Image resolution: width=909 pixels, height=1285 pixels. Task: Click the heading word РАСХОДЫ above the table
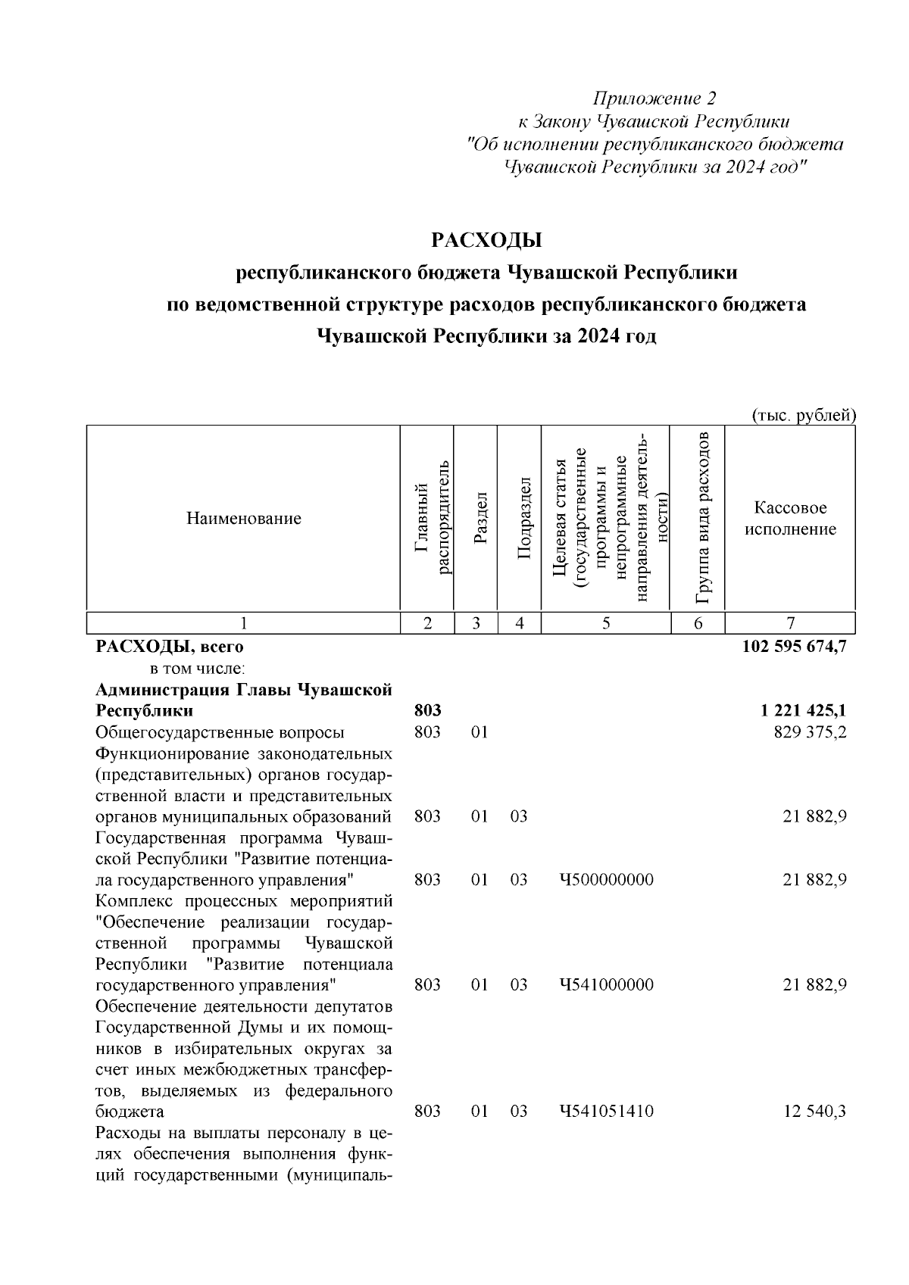pyautogui.click(x=487, y=241)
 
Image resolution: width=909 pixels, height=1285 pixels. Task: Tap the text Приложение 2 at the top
pyautogui.click(x=654, y=98)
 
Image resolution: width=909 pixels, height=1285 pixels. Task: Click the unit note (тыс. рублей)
pyautogui.click(x=804, y=415)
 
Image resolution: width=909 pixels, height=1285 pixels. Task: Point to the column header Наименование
pyautogui.click(x=243, y=519)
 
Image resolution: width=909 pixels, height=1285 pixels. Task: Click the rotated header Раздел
pyautogui.click(x=476, y=518)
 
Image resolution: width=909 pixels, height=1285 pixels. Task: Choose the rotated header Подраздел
pyautogui.click(x=520, y=518)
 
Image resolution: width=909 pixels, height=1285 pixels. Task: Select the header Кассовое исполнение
pyautogui.click(x=790, y=519)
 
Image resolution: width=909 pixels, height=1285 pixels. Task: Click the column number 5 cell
pyautogui.click(x=606, y=623)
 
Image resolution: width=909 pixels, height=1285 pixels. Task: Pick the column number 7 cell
pyautogui.click(x=790, y=623)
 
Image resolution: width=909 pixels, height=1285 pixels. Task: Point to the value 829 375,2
pyautogui.click(x=810, y=732)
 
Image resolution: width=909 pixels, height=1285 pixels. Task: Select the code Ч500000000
pyautogui.click(x=606, y=880)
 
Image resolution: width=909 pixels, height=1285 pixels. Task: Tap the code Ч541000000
pyautogui.click(x=606, y=985)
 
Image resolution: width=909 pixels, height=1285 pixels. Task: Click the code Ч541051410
pyautogui.click(x=606, y=1112)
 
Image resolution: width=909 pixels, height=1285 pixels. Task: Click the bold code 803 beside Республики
pyautogui.click(x=428, y=711)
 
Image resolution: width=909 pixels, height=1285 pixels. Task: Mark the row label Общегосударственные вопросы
pyautogui.click(x=220, y=732)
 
